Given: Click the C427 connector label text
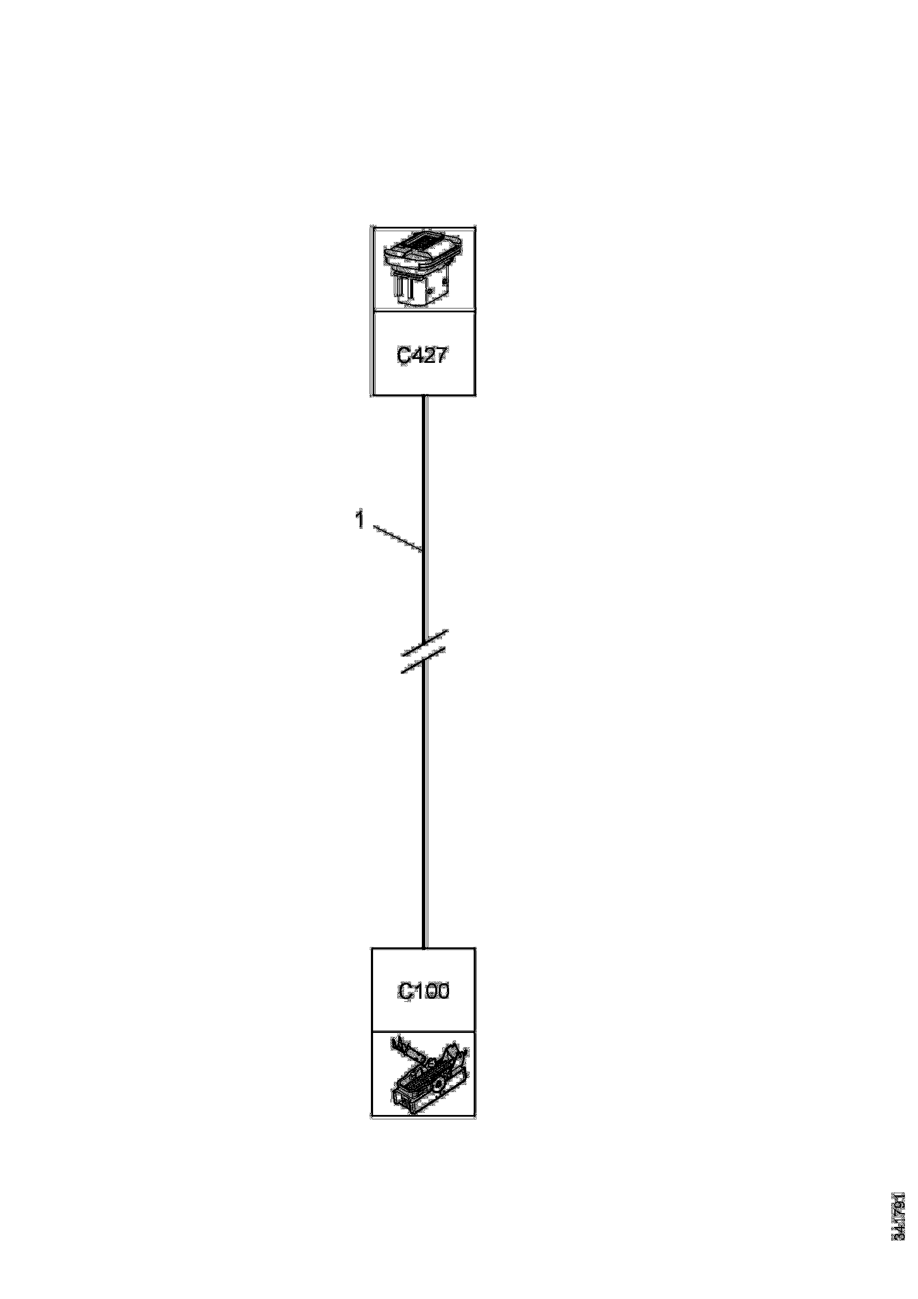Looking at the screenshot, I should click(x=423, y=355).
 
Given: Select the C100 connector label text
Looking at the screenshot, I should click(x=423, y=992).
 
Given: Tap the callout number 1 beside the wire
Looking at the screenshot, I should click(x=359, y=519).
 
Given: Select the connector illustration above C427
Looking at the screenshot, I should click(x=423, y=269).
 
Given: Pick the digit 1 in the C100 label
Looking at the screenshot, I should click(x=418, y=992).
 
